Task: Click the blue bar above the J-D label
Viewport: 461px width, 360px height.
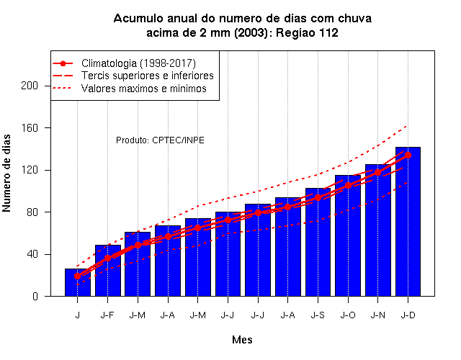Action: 408,221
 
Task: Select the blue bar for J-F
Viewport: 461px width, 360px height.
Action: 108,271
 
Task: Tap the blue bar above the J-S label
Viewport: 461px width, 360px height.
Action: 318,242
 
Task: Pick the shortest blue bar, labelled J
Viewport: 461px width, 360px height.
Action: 78,282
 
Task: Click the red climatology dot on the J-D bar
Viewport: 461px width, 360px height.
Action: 408,156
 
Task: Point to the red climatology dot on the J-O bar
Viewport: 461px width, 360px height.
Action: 348,186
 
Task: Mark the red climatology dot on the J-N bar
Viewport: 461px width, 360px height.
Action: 377,173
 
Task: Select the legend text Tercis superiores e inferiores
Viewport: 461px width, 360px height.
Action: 147,76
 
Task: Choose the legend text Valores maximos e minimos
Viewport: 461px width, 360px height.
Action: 144,88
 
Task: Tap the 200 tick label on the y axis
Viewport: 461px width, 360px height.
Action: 30,86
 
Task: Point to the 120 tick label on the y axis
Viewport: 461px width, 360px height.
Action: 30,170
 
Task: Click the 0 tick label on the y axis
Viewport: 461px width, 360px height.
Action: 35,296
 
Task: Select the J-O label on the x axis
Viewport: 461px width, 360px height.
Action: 348,315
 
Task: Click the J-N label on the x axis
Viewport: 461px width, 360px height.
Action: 377,315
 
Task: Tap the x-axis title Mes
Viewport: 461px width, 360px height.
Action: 242,340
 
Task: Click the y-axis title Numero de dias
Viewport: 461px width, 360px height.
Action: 6,173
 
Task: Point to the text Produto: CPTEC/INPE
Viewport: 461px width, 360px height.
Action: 160,140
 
